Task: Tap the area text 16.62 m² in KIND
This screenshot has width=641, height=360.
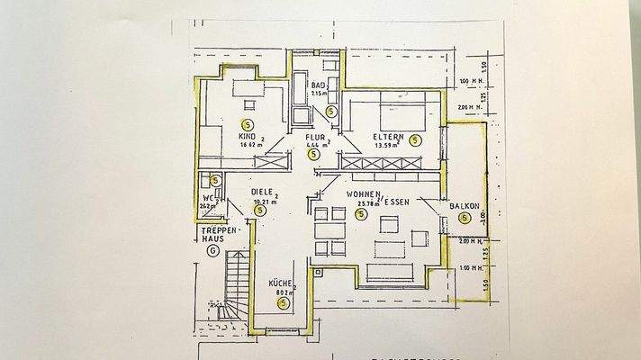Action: coord(250,145)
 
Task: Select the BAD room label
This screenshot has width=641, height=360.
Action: coord(317,85)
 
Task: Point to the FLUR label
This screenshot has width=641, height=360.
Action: coord(315,137)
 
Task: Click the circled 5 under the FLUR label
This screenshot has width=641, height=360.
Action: coord(313,154)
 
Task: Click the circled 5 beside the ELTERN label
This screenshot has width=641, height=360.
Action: coord(415,139)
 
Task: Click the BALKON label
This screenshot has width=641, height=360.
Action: coord(464,206)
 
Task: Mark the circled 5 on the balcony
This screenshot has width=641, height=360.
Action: coord(465,218)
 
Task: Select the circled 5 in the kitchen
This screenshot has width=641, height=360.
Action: coord(283,304)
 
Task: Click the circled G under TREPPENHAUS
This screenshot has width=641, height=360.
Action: coord(212,250)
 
